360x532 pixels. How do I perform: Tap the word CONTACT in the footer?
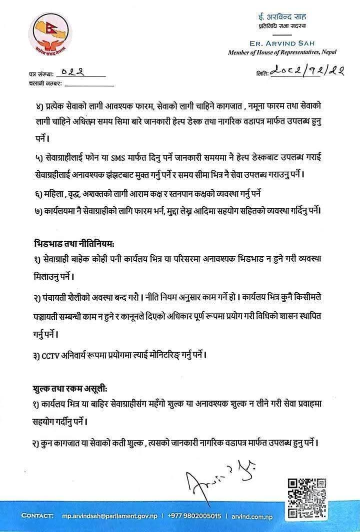(37, 516)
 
